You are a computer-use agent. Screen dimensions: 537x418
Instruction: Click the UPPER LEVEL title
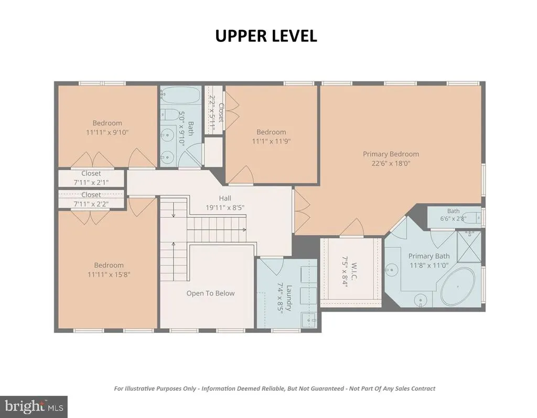tap(266, 36)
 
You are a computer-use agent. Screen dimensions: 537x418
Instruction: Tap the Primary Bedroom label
tap(391, 154)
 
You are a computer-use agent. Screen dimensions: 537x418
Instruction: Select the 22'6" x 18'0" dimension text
tap(391, 163)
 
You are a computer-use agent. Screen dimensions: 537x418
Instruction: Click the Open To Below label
tap(211, 293)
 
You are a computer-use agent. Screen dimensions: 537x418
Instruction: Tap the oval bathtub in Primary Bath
tap(457, 287)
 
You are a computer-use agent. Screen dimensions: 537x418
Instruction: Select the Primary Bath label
tap(429, 256)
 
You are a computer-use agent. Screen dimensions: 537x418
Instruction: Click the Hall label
tap(225, 198)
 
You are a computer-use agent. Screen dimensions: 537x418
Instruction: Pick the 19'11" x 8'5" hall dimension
tap(225, 207)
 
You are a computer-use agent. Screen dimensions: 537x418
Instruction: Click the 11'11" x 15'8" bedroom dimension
tap(109, 274)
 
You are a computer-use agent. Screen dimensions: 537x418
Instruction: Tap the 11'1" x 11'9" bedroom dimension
tap(271, 141)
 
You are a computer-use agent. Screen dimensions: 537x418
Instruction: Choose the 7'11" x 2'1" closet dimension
tap(91, 182)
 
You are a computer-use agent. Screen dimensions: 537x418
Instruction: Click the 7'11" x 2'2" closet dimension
tap(91, 204)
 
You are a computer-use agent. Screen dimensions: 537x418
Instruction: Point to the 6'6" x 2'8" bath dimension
tap(453, 218)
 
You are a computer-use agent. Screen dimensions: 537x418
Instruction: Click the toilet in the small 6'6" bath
tap(475, 217)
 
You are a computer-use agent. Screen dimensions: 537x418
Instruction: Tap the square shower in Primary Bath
tap(469, 247)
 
